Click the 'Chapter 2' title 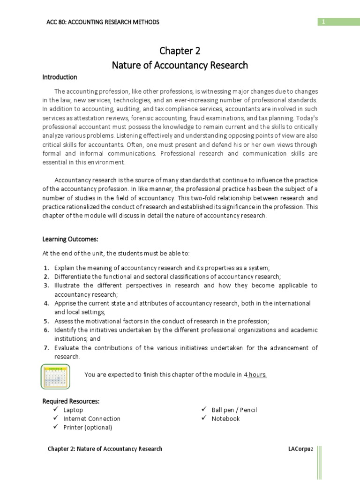tap(180, 51)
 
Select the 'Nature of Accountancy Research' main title tap(180, 65)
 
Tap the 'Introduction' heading tap(60, 77)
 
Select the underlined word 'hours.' tap(257, 375)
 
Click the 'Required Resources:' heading tap(71, 401)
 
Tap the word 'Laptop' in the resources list tap(73, 410)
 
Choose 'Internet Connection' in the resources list tap(92, 419)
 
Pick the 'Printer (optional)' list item tap(88, 427)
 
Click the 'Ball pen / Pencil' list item tap(234, 410)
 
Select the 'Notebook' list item tap(225, 419)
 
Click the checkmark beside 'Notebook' tap(204, 418)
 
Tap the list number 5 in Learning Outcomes tap(46, 321)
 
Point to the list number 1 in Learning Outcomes tap(46, 268)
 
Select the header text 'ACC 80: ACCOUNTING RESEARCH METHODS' tap(104, 22)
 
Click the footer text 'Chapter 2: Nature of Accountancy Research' tap(105, 449)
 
